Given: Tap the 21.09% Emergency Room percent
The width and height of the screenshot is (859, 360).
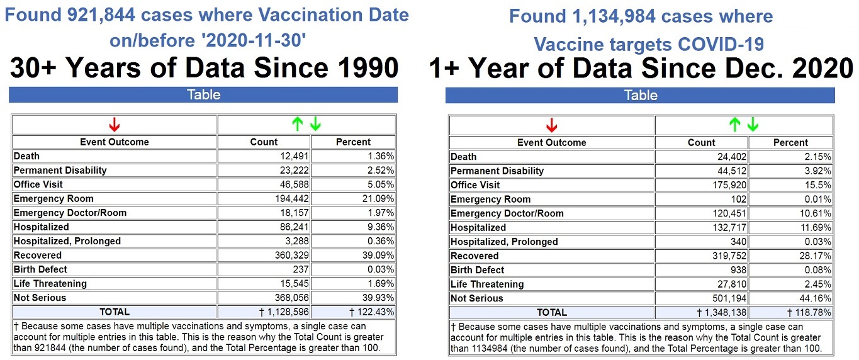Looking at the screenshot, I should coord(379,199).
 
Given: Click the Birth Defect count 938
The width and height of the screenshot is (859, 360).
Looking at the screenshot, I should coord(738,270).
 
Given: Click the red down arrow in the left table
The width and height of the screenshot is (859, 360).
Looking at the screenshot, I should coord(114,124).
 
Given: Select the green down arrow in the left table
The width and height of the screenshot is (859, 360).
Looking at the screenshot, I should coord(315,124).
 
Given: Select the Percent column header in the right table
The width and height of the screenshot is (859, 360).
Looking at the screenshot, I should coord(790,143).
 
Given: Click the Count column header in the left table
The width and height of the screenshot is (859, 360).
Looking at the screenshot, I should coord(264,142).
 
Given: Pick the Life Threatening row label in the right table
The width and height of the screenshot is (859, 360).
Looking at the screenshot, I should coord(487,284).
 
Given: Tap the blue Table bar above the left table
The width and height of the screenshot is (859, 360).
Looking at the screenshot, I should coord(203,95).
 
